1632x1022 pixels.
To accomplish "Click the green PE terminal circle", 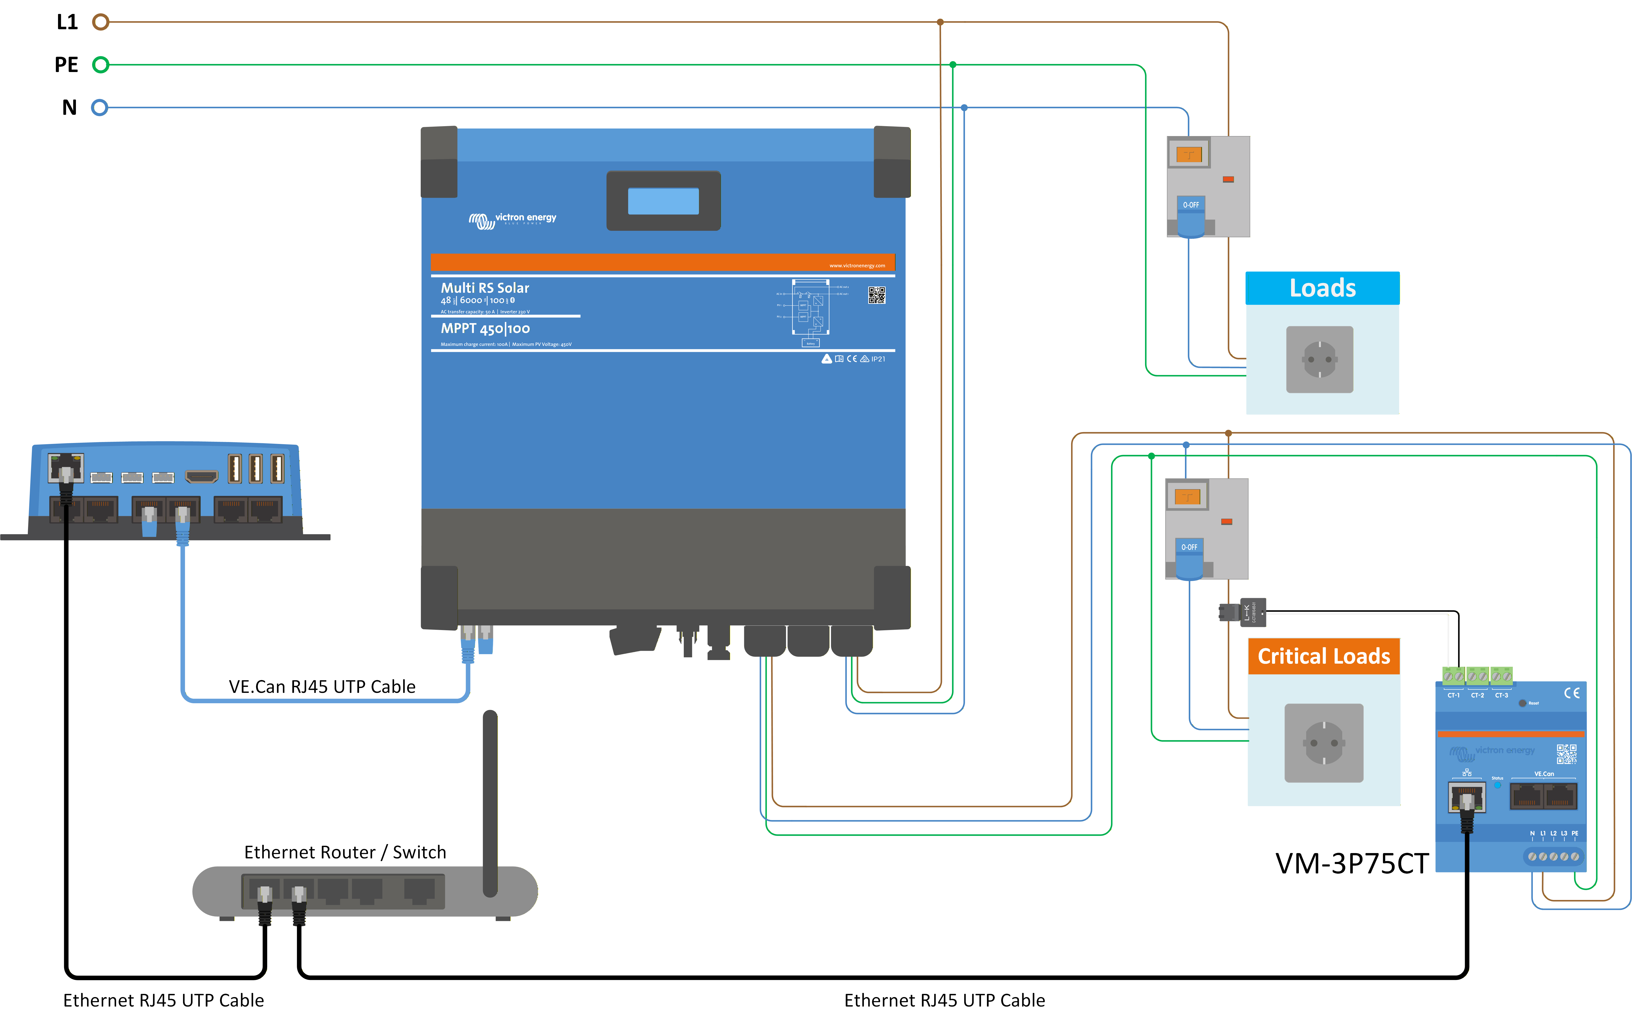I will click(101, 65).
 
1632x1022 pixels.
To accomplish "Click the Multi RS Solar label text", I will click(485, 288).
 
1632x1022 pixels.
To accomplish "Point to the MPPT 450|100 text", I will click(485, 328).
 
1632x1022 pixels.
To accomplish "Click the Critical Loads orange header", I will click(1323, 656).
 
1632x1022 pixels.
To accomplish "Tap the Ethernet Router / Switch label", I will click(345, 852).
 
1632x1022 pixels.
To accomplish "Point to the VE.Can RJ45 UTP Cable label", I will click(322, 687).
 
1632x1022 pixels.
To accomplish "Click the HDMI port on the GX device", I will click(201, 477).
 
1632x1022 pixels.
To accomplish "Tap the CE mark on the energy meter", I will click(1571, 693).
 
